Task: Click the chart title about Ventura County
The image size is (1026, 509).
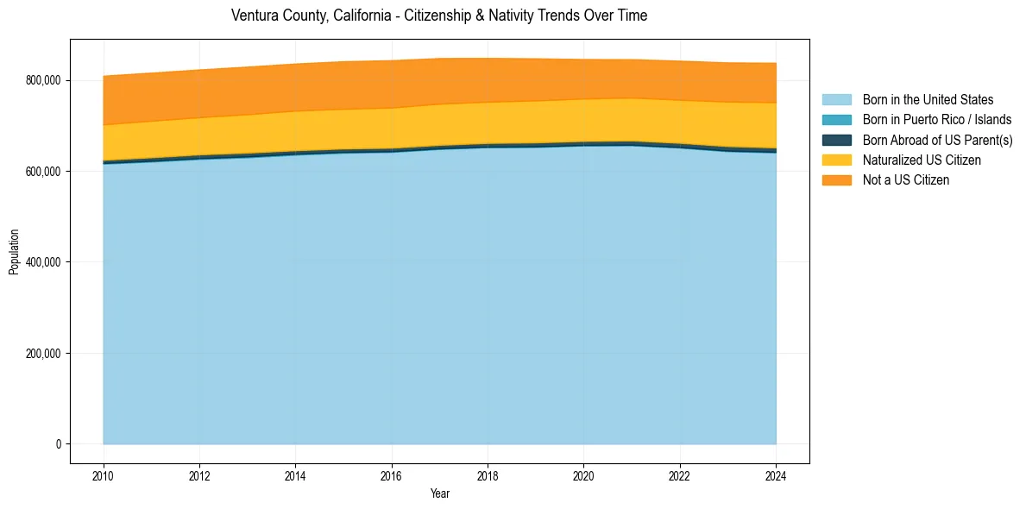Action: (439, 16)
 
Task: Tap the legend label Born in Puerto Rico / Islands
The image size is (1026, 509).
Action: (937, 120)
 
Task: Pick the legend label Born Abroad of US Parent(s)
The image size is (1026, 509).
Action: (937, 140)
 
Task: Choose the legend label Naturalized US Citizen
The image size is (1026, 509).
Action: (922, 160)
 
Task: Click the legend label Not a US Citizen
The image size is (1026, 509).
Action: (906, 179)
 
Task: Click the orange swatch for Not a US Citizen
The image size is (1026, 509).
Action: (836, 179)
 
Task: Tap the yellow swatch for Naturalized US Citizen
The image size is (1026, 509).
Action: (836, 160)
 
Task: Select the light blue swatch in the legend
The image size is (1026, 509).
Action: (836, 100)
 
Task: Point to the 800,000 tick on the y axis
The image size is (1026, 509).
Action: (44, 80)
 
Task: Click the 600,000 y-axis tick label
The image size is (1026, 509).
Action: (44, 172)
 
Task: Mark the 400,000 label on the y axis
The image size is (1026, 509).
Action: (44, 262)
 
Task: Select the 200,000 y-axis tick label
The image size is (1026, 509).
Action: (44, 354)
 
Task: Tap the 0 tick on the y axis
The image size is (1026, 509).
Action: (59, 444)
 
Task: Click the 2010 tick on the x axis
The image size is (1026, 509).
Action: (104, 475)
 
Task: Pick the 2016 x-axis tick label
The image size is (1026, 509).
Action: (392, 475)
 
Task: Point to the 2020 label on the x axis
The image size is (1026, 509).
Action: (584, 475)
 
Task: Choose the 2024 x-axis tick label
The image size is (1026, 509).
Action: (776, 475)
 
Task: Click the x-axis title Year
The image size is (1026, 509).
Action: (439, 493)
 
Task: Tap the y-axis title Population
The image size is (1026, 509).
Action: (14, 252)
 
